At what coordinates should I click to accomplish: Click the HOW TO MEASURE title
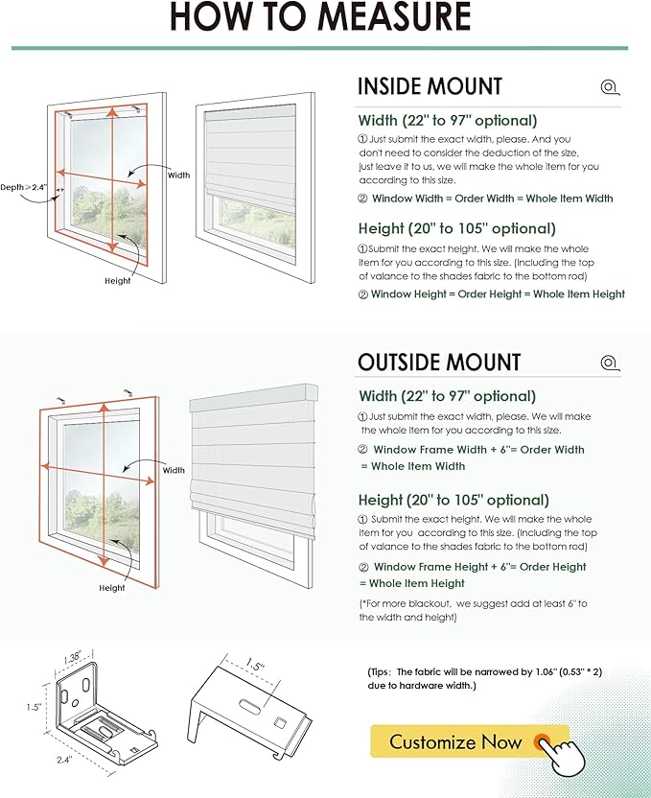(x=320, y=18)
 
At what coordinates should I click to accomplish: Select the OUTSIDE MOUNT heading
(x=439, y=362)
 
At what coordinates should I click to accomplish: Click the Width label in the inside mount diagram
(x=179, y=176)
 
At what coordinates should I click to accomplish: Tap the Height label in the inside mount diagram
(x=118, y=281)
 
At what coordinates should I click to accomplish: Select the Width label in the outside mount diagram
(x=174, y=470)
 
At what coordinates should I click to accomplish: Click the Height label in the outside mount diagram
(x=112, y=587)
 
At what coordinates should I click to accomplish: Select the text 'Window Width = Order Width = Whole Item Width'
(x=492, y=199)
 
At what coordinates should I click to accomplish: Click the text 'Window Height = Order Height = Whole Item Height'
(x=498, y=294)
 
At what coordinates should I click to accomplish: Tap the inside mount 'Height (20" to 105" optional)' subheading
(x=456, y=229)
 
